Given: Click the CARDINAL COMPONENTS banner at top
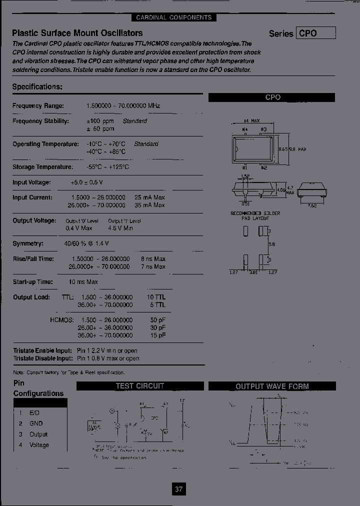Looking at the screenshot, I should [174, 17].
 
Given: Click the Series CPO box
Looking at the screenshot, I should [316, 33].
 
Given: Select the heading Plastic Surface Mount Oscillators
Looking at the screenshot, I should [77, 33].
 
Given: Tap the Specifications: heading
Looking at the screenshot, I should [37, 86].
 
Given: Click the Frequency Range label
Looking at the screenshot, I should [38, 106].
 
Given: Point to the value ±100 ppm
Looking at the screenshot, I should [100, 121].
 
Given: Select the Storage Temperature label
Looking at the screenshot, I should [42, 167].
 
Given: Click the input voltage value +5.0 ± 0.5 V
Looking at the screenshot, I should [87, 182].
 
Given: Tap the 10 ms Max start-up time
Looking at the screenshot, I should [83, 282].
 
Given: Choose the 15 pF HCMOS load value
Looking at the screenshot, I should [157, 335].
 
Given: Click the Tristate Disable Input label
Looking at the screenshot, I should [42, 358].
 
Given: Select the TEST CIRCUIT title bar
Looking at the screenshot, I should [140, 386].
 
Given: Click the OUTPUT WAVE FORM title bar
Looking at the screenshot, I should [272, 386].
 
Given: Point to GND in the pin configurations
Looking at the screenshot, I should [36, 423].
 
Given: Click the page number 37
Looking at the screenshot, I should [178, 489].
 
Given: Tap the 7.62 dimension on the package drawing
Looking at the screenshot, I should [311, 205].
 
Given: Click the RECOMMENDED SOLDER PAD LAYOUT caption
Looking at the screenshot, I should [255, 216].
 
